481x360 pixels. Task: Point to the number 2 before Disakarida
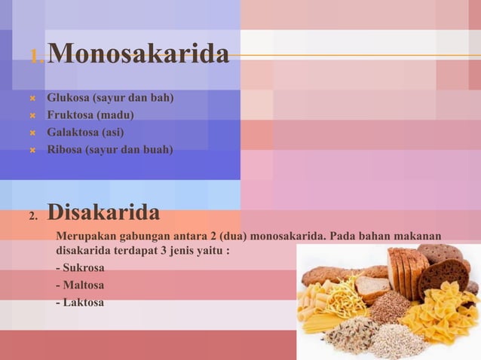(33, 218)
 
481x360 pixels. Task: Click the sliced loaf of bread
(407, 267)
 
